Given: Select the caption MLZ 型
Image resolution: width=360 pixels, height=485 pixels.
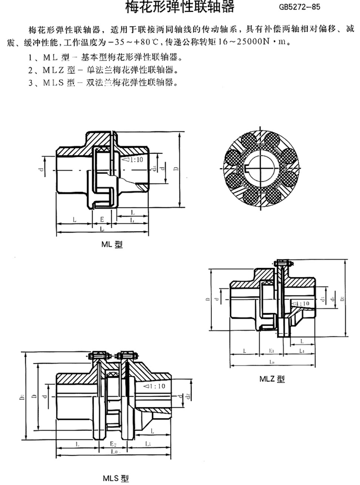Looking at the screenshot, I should pos(272,379).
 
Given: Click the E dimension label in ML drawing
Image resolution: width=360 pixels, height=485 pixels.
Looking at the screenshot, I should pos(102,218).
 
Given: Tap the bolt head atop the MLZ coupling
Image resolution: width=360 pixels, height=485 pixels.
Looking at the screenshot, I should pos(281,263).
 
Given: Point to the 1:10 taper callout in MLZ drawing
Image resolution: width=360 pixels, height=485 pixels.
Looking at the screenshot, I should pos(300,303).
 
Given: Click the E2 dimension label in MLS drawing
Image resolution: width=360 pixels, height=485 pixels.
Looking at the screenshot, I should pos(113,442).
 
